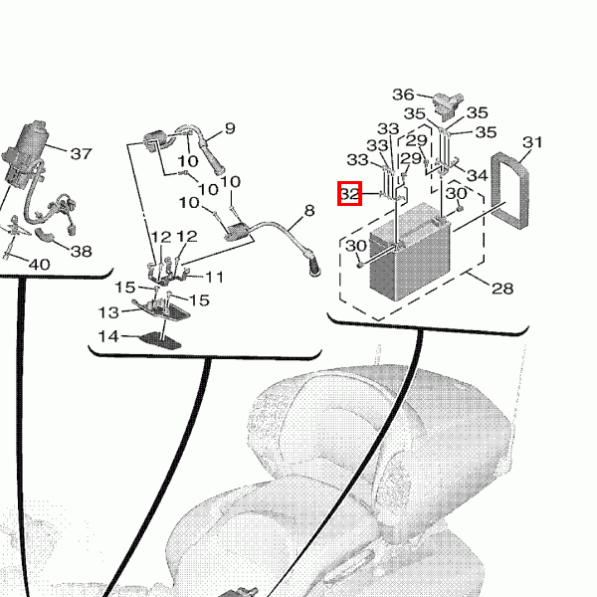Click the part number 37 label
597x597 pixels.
click(82, 154)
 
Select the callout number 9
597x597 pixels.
click(230, 128)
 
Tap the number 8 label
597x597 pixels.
click(309, 210)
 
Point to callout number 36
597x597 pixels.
click(403, 95)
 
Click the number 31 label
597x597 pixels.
click(532, 142)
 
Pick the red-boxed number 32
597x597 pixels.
click(349, 194)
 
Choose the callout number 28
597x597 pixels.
click(502, 289)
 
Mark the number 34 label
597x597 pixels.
click(477, 175)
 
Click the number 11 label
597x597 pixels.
click(214, 277)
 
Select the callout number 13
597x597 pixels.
click(108, 312)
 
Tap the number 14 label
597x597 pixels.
click(108, 336)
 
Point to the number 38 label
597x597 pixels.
click(82, 251)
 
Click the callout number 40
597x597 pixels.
click(39, 265)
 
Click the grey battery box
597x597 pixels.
click(409, 253)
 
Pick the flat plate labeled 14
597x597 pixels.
click(160, 340)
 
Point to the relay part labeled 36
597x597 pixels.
click(448, 103)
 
